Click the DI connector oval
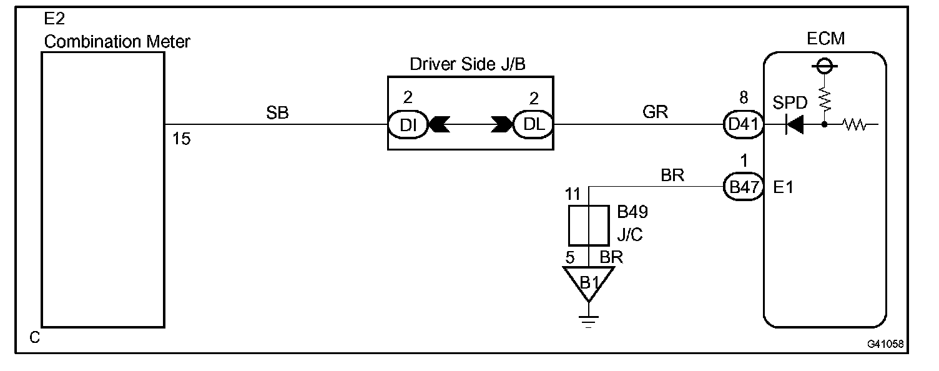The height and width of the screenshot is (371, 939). (407, 124)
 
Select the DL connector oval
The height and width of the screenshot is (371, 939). (533, 124)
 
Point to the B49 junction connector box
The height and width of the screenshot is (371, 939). (589, 225)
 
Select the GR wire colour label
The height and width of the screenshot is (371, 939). (656, 112)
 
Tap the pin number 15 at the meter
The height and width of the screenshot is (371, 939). (181, 139)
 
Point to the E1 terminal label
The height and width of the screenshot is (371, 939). (783, 187)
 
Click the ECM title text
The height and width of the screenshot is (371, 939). (825, 39)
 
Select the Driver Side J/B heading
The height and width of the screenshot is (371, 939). (469, 64)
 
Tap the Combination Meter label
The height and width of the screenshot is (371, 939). (117, 42)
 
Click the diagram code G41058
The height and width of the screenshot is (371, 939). (884, 344)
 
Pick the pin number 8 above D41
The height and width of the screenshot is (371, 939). (743, 98)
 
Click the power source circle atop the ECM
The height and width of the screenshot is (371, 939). (824, 66)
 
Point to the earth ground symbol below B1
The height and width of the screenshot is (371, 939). (588, 320)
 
